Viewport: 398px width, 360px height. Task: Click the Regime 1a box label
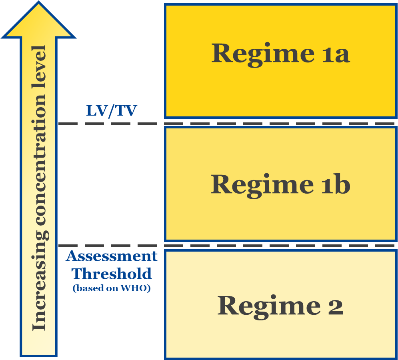tap(281, 54)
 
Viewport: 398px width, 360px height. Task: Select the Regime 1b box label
tap(280, 186)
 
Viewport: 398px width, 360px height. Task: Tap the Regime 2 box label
tap(280, 307)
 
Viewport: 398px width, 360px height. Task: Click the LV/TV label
tap(112, 111)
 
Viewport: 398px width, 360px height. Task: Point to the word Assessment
tap(112, 256)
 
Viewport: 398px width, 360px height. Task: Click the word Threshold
tap(112, 274)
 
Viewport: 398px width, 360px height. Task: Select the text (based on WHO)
tap(112, 288)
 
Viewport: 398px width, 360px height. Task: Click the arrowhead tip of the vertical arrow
tap(38, 2)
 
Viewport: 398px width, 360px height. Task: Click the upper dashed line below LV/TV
tap(226, 124)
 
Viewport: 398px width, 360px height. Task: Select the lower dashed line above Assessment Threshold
tap(226, 246)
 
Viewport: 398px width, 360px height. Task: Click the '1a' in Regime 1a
tap(336, 54)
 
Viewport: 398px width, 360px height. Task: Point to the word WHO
tap(134, 288)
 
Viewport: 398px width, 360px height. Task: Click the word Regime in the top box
tap(263, 54)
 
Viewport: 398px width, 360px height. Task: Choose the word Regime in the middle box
tap(262, 186)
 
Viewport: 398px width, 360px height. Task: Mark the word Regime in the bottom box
tap(269, 307)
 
